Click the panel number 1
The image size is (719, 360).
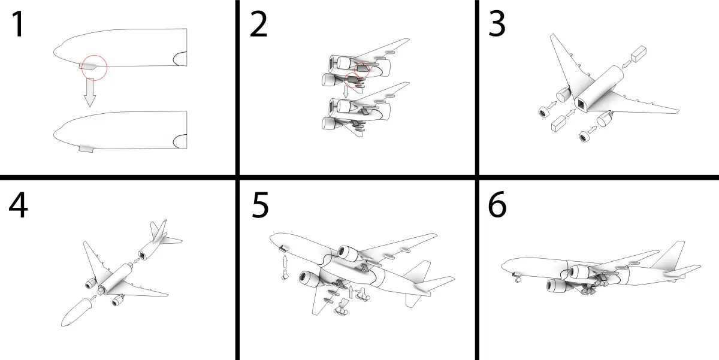click(19, 24)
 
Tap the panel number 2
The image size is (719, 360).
click(258, 24)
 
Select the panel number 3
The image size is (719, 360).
click(497, 24)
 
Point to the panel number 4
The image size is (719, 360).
click(19, 205)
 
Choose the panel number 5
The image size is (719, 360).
click(260, 205)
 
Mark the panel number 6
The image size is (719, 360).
click(497, 205)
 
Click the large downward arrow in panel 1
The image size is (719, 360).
click(90, 92)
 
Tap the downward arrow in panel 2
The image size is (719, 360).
click(346, 92)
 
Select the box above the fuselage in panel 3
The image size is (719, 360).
click(639, 53)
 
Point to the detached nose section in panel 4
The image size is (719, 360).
click(77, 312)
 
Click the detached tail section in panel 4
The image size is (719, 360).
click(159, 241)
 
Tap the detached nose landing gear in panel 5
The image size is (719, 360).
click(285, 275)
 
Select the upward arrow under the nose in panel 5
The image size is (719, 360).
click(285, 262)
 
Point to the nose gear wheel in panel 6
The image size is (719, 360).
click(517, 280)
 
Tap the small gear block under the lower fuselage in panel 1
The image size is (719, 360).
click(86, 149)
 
